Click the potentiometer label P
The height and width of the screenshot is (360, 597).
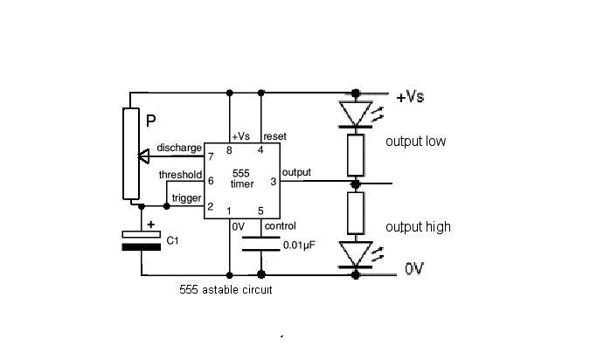click(x=150, y=121)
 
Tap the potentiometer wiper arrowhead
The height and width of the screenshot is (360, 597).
click(x=143, y=156)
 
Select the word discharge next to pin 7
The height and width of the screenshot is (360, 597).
click(x=179, y=148)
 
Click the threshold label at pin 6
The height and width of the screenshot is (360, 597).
click(x=180, y=175)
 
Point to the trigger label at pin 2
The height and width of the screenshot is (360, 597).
click(x=186, y=197)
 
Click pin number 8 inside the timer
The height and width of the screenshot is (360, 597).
click(x=229, y=150)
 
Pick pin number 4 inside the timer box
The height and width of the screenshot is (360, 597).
click(x=260, y=150)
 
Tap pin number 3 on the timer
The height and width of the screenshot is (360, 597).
click(x=273, y=182)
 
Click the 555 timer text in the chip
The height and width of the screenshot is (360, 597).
click(x=242, y=178)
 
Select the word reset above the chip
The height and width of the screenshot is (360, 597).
click(x=274, y=136)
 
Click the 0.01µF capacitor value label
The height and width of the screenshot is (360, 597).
click(x=299, y=246)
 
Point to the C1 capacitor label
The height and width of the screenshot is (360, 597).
click(x=172, y=240)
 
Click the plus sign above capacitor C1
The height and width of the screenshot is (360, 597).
click(x=150, y=225)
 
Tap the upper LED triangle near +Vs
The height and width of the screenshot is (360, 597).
click(x=355, y=113)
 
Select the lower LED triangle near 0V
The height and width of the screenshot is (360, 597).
click(x=355, y=253)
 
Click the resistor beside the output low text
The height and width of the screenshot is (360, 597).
click(x=356, y=155)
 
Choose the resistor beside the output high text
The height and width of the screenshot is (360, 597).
click(x=356, y=213)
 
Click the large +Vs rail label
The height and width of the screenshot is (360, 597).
click(x=410, y=97)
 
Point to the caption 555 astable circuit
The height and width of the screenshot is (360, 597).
click(x=226, y=289)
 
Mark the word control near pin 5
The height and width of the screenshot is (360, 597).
click(x=280, y=226)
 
